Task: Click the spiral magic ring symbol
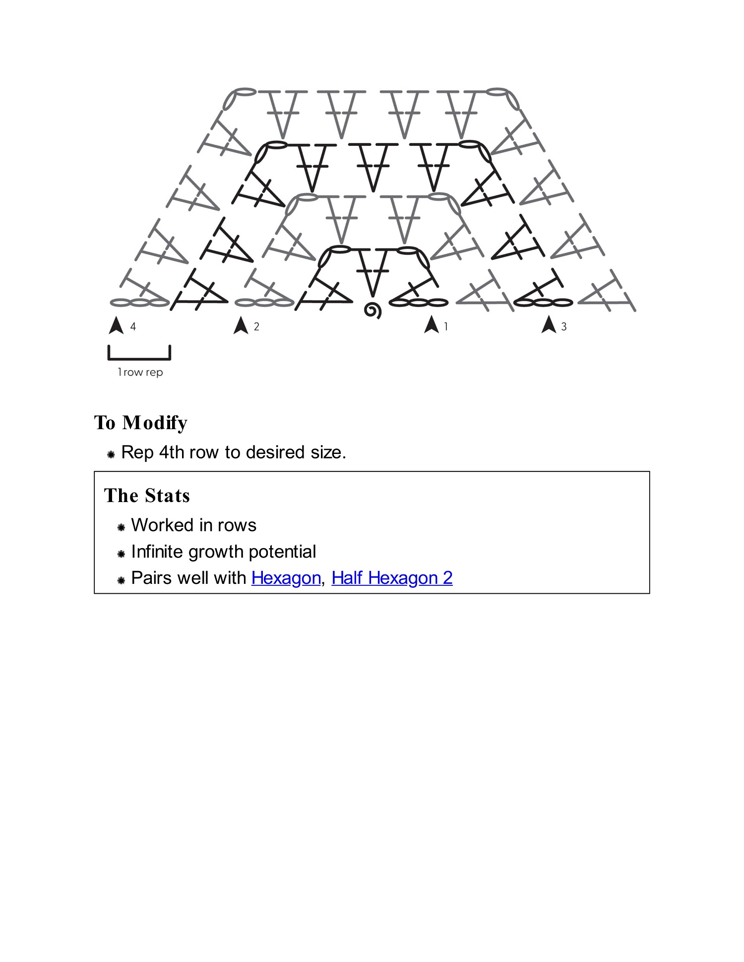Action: click(x=372, y=311)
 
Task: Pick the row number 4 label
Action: click(x=133, y=327)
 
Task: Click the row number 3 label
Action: click(x=563, y=327)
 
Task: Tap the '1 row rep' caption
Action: click(x=140, y=372)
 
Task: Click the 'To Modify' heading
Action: click(x=141, y=423)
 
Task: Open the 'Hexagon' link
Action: click(x=286, y=578)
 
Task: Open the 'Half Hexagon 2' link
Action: click(x=392, y=578)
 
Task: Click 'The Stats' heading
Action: click(x=147, y=496)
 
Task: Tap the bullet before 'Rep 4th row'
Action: click(x=111, y=454)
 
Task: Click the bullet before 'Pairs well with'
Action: click(x=121, y=580)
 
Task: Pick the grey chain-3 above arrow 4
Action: click(x=139, y=302)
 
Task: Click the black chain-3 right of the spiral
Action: click(x=419, y=302)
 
